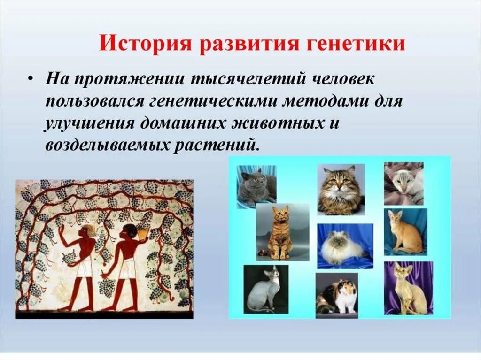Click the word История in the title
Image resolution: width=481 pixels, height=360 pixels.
coord(144,44)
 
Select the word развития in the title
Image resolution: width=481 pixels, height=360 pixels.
coord(248,44)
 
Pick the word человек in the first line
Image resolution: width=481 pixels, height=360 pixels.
coord(343,79)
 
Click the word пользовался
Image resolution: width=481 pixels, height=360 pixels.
coord(95,101)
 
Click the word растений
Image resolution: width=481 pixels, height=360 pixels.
coord(216,145)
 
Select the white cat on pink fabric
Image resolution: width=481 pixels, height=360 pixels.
coord(403,184)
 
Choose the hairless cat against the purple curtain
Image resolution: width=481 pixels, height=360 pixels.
coord(408,288)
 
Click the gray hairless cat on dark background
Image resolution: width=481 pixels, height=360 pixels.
coord(266,289)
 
